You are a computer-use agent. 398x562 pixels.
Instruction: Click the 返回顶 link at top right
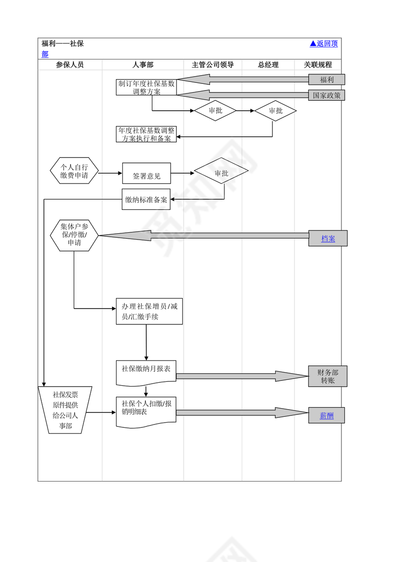click(324, 44)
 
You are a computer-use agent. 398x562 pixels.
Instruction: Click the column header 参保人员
click(70, 65)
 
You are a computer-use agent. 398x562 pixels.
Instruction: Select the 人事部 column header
click(143, 65)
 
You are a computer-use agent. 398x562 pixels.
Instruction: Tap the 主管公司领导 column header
click(212, 65)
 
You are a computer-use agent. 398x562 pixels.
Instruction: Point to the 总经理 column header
click(268, 65)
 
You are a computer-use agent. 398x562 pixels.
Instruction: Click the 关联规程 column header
click(317, 65)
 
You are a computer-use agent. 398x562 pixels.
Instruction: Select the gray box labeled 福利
click(327, 80)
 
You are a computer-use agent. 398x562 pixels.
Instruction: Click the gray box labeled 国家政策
click(327, 95)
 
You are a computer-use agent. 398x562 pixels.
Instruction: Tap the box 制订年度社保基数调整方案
click(146, 87)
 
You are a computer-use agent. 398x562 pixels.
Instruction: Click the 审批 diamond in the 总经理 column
click(275, 111)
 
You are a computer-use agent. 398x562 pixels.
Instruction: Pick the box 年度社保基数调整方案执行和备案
click(146, 134)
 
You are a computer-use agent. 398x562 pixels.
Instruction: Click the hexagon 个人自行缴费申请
click(74, 171)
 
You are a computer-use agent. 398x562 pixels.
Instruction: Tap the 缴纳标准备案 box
click(146, 199)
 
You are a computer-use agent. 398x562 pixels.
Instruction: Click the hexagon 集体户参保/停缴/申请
click(74, 235)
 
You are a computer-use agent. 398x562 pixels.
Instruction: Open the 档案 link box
click(328, 238)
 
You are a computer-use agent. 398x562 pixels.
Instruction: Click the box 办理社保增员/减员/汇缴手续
click(149, 311)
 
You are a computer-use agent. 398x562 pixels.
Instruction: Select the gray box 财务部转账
click(328, 376)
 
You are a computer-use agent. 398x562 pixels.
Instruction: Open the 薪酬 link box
click(327, 415)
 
